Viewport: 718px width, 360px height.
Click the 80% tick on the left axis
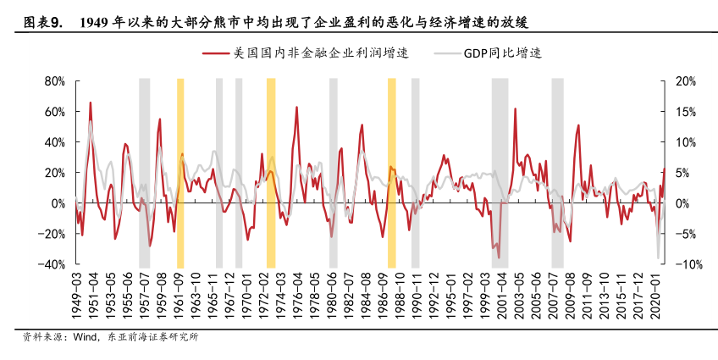pyautogui.click(x=55, y=81)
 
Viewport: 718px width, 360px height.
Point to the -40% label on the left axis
pyautogui.click(x=52, y=264)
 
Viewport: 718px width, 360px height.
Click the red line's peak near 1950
pyautogui.click(x=91, y=103)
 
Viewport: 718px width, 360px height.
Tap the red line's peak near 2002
pyautogui.click(x=515, y=109)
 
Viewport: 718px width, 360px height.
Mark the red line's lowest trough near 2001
pyautogui.click(x=499, y=258)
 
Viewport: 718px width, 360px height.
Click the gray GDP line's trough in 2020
pyautogui.click(x=659, y=258)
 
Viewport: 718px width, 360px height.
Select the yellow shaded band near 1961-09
pyautogui.click(x=179, y=173)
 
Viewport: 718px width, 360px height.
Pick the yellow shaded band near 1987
pyautogui.click(x=392, y=173)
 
